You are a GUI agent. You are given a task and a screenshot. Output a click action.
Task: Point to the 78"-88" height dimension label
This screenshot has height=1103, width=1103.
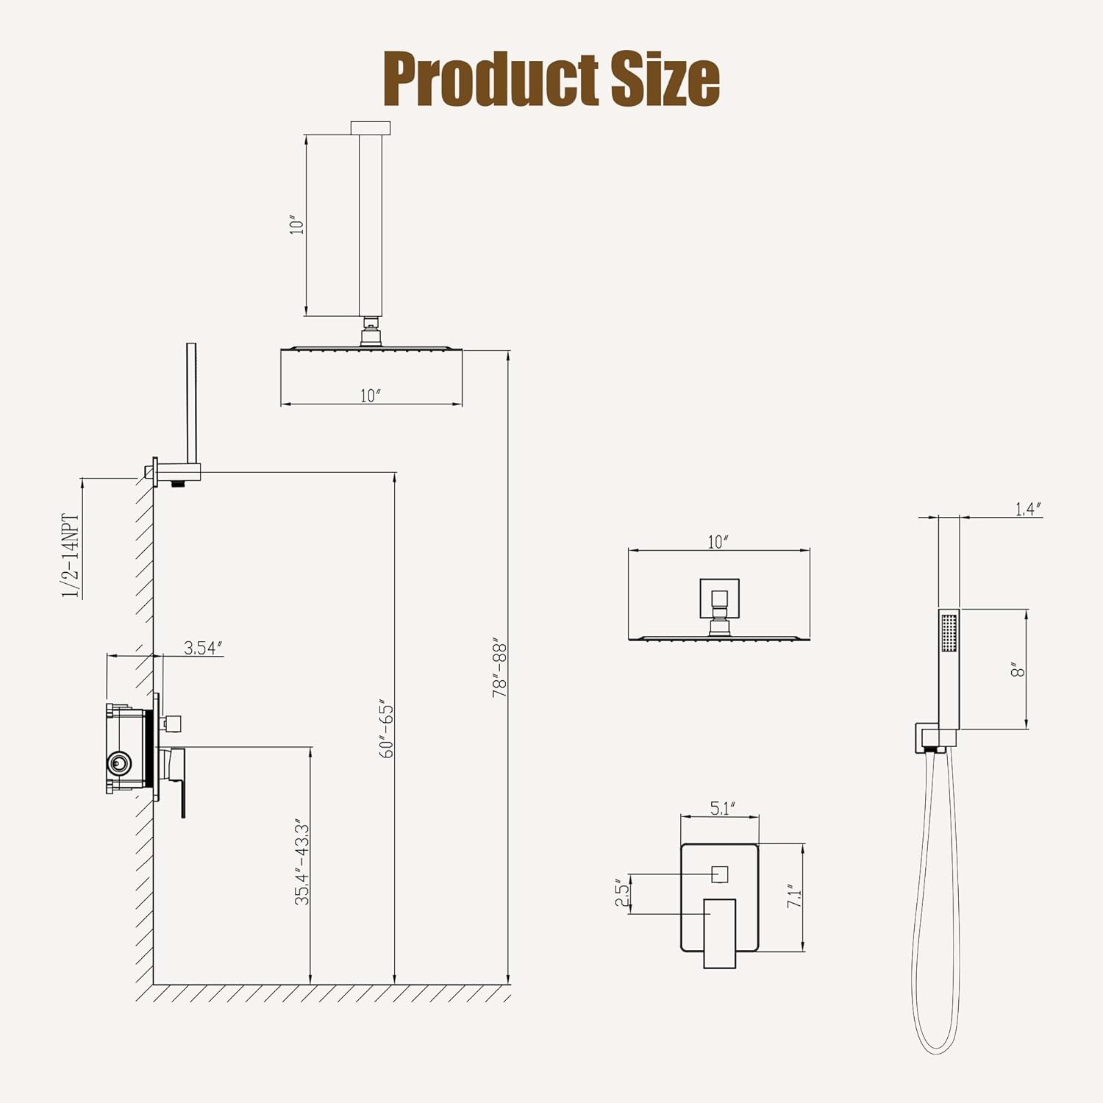point(500,667)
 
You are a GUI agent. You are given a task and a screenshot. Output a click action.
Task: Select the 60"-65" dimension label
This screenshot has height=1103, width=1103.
point(387,731)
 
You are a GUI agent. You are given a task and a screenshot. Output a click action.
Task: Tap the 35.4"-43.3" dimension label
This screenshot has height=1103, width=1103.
point(302,862)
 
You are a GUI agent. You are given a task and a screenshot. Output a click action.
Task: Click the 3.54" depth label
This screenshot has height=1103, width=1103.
point(202,648)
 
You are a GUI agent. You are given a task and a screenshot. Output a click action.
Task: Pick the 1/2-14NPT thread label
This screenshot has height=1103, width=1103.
point(71,556)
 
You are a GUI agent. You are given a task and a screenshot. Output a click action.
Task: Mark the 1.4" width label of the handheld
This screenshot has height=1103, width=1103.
point(1028,509)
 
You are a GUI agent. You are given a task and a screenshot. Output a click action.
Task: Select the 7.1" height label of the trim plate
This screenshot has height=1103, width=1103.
point(794,896)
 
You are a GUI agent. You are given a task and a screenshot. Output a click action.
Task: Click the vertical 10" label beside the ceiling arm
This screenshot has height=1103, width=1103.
point(296,224)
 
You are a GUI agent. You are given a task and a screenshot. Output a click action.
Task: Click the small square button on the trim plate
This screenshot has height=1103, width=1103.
point(719,874)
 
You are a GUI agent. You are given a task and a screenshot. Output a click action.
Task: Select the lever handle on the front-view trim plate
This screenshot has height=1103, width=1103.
point(719,932)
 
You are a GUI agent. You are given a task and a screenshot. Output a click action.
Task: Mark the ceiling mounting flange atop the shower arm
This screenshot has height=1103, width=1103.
point(371,128)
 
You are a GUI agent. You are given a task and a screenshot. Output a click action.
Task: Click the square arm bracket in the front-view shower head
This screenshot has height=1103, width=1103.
point(719,597)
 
